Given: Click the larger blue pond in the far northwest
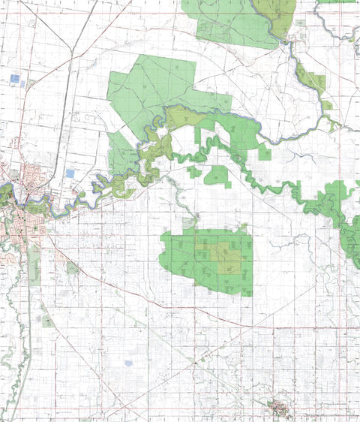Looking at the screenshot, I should (16, 77).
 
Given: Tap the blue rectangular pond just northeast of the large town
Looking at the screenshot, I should (70, 173).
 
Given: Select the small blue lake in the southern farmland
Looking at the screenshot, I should (127, 363).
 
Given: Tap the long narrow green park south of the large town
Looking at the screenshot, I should (34, 263).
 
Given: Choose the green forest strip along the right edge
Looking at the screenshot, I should (349, 240).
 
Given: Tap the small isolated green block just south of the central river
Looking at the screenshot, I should (217, 176).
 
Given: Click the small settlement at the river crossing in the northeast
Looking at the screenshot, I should (287, 44).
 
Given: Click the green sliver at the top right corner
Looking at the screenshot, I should (337, 2).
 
